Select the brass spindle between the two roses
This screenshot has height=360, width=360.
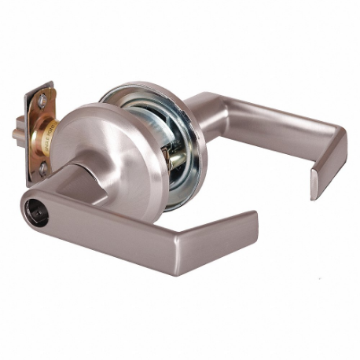(176, 157)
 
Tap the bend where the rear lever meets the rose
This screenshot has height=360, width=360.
(200, 106)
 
